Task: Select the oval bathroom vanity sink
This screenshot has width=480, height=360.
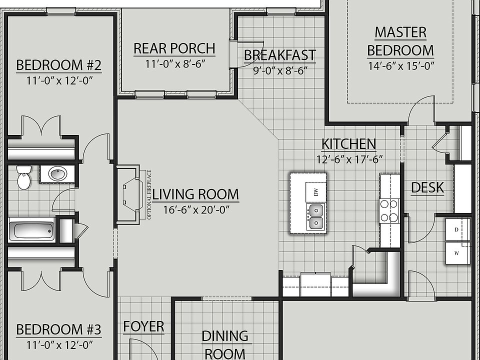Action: click(x=57, y=174)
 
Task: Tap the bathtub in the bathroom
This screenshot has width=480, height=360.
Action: click(x=31, y=230)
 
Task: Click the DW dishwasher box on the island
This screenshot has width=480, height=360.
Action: click(x=315, y=192)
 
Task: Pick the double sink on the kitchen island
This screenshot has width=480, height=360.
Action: click(x=315, y=216)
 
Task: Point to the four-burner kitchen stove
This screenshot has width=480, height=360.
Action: click(x=389, y=210)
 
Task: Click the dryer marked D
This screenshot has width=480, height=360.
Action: click(x=457, y=229)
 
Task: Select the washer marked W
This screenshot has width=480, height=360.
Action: click(x=457, y=253)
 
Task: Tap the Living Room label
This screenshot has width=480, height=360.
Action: click(x=195, y=194)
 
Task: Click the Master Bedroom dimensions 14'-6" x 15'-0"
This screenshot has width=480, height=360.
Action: click(x=401, y=66)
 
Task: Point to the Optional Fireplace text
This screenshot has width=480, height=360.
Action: click(x=149, y=194)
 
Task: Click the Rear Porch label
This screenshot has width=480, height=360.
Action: click(x=174, y=48)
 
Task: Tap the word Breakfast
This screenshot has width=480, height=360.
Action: click(x=280, y=55)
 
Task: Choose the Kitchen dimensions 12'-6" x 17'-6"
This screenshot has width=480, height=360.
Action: click(x=349, y=159)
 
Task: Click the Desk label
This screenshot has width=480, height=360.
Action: click(x=427, y=187)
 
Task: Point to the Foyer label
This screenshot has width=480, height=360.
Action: click(x=143, y=326)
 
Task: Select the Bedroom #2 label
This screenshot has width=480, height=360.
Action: click(x=59, y=65)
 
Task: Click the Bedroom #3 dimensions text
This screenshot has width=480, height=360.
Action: click(x=59, y=345)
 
